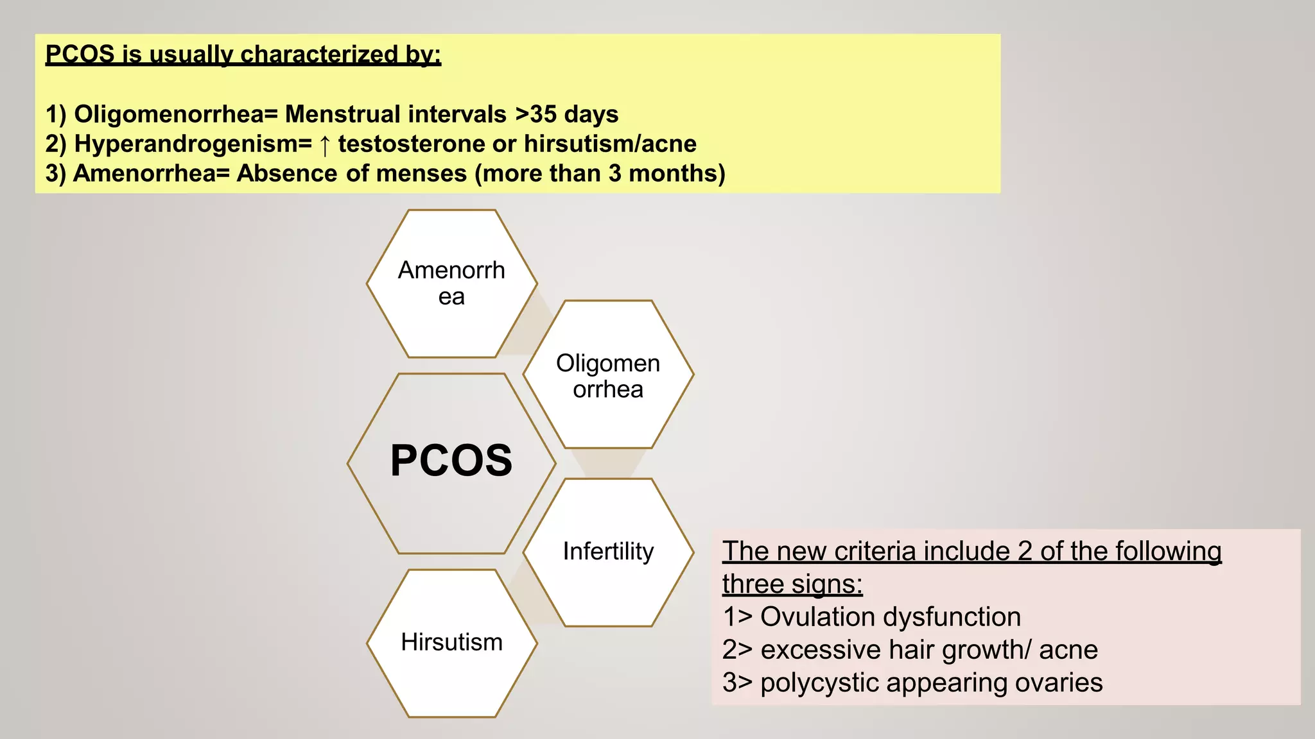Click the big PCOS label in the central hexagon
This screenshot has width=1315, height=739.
coord(451,461)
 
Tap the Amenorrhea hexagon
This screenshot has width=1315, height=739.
coord(451,284)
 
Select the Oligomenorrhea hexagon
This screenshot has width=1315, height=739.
coord(608,375)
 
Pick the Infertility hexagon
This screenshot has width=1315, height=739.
coord(608,552)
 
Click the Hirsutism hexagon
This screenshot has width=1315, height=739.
coord(451,642)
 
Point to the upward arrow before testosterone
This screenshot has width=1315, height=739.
coord(325,145)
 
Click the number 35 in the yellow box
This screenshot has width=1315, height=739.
coord(543,114)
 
